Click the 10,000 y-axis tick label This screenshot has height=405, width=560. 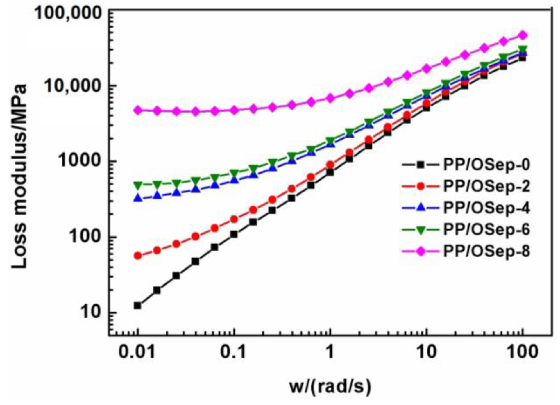(73, 86)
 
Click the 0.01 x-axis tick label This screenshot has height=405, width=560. (137, 353)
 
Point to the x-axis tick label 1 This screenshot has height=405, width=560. (330, 353)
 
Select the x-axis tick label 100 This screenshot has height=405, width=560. (522, 353)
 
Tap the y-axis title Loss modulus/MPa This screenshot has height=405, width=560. (20, 176)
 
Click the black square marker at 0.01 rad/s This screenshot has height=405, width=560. (137, 306)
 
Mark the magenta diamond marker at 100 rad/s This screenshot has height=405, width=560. (523, 35)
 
